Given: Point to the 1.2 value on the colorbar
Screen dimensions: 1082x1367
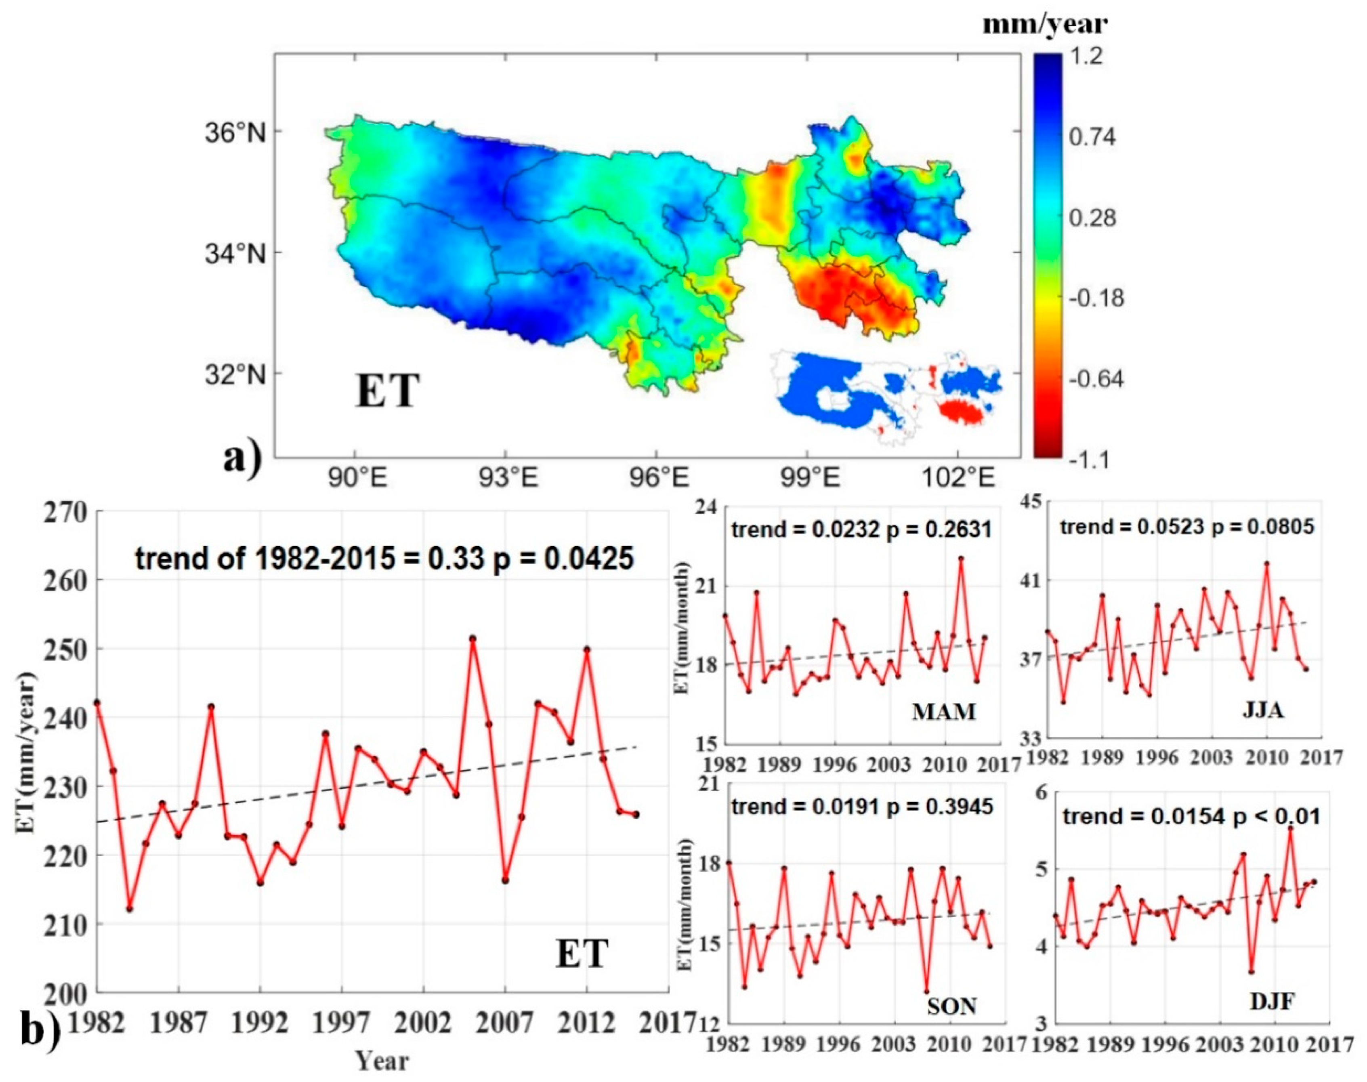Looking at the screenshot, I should click(x=1085, y=57).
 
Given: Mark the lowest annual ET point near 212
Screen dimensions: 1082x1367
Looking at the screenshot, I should click(x=129, y=908).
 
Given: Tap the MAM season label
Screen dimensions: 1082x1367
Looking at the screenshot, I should click(x=943, y=712).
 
